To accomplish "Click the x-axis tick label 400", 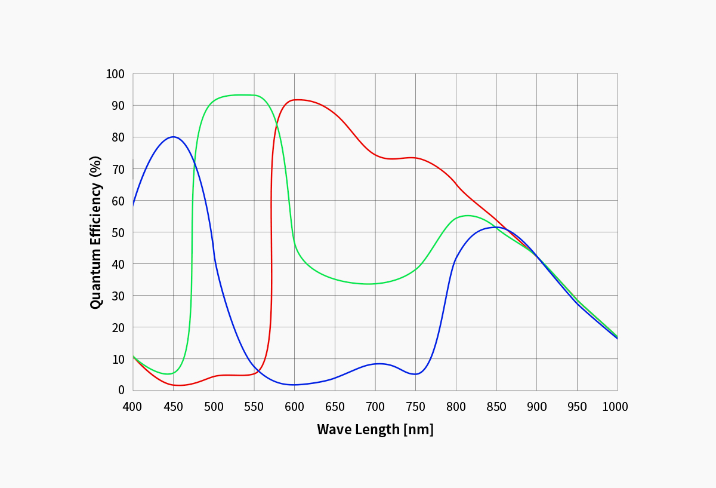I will tap(132, 407).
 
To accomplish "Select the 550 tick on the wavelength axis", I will tap(254, 407).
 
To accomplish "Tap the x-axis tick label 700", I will tap(375, 407).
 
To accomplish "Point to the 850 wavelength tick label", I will tap(496, 407).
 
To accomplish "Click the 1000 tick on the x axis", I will tap(615, 407).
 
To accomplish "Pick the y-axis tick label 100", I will tap(115, 74).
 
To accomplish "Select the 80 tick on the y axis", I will tap(118, 137).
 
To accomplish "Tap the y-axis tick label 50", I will tap(118, 232).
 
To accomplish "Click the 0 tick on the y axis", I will tap(121, 390).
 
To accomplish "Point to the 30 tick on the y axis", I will tap(118, 296).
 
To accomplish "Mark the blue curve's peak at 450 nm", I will tap(173, 137).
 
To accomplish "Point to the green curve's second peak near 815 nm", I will tap(467, 216).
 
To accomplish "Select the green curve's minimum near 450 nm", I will tap(170, 374).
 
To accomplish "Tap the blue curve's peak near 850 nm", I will tap(495, 227).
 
